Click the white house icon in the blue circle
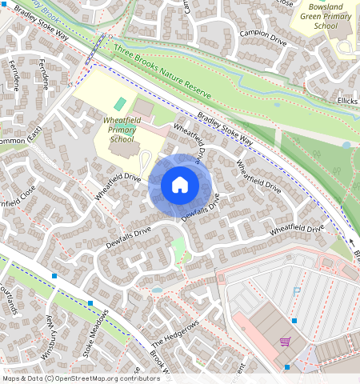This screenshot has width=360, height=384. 180,185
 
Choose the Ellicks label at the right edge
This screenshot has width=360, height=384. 346,101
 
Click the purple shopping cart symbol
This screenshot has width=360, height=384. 285,342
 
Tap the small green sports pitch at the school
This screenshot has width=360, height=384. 120,104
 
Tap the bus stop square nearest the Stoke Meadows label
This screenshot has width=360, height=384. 90,303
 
